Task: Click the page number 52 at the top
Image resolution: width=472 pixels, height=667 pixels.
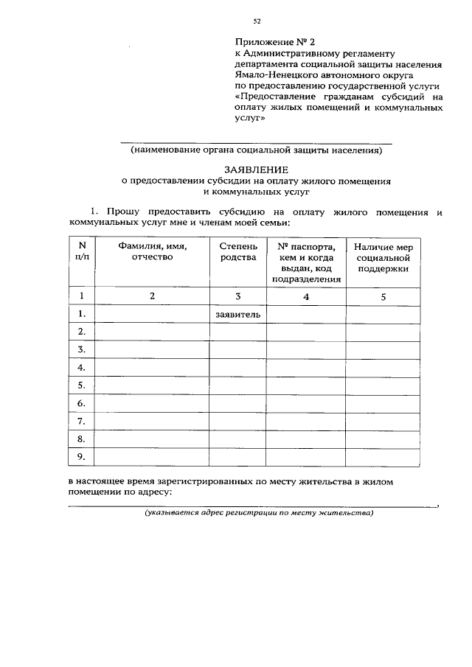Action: [x=257, y=21]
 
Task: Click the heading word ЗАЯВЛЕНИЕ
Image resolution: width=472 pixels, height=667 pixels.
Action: [x=257, y=169]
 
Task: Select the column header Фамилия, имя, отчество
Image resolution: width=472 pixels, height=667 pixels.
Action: [x=152, y=252]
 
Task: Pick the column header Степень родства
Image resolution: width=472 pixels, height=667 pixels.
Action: [x=238, y=252]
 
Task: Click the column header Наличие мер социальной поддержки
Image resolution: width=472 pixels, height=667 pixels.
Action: [x=383, y=258]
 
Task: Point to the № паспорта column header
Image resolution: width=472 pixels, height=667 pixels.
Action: [x=306, y=262]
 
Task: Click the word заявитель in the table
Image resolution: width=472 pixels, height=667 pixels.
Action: [x=238, y=315]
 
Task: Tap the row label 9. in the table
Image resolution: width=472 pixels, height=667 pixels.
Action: [x=82, y=458]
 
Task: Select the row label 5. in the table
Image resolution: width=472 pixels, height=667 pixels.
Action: [x=82, y=385]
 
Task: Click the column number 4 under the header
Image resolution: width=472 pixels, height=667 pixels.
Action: [x=306, y=296]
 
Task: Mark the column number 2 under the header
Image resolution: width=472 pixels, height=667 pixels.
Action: [x=152, y=296]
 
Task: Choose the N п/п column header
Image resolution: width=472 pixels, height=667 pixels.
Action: [x=82, y=252]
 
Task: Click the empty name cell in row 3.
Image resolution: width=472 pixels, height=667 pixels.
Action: [x=152, y=349]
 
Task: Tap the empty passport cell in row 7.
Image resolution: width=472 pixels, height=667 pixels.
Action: [x=306, y=422]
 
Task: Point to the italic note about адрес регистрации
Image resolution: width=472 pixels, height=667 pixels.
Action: [x=259, y=513]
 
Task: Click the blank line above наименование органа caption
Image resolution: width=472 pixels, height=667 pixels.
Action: [x=256, y=140]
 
